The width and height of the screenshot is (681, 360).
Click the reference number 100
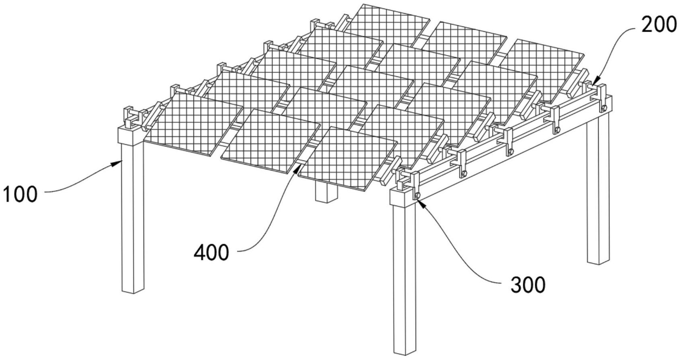(x=20, y=194)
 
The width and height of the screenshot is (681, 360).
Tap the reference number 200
(x=658, y=25)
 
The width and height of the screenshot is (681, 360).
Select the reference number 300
(x=528, y=285)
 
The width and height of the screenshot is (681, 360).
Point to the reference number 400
(x=211, y=252)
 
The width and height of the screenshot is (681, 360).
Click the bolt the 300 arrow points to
(x=417, y=195)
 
